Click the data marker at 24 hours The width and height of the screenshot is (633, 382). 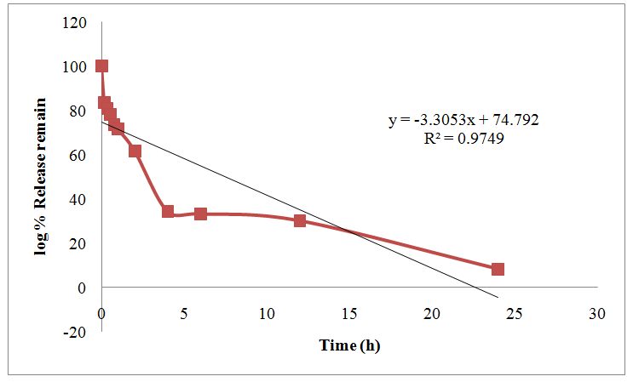pos(498,269)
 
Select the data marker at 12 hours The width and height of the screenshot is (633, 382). pos(300,220)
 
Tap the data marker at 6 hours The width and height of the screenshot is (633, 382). pos(201,214)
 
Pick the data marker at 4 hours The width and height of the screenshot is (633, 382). pos(168,211)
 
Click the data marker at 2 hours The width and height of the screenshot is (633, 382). pos(135,151)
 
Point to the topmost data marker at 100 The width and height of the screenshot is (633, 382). pos(102,66)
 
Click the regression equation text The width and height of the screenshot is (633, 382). pos(463,121)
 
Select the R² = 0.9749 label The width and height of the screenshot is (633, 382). pos(463,138)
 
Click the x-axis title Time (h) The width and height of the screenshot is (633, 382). pos(348,345)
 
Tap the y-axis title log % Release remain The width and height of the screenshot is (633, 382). pos(40,176)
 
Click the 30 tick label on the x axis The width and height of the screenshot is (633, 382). pos(596,313)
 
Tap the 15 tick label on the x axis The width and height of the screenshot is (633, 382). pos(349,313)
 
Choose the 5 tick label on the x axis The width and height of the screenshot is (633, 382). pos(185,313)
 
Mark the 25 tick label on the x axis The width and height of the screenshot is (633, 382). pos(514,313)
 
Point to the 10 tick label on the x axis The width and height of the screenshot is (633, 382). pos(267,313)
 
